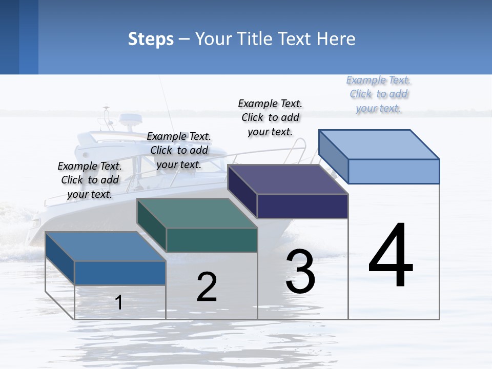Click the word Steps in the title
151,39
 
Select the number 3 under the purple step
300,272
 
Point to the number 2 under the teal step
207,287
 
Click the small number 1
118,302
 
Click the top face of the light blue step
379,144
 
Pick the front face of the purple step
302,206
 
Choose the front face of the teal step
212,240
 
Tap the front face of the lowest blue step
120,273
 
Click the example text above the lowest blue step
90,180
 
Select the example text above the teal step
179,150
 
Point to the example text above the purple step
270,117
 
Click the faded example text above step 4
379,94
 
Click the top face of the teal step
197,213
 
